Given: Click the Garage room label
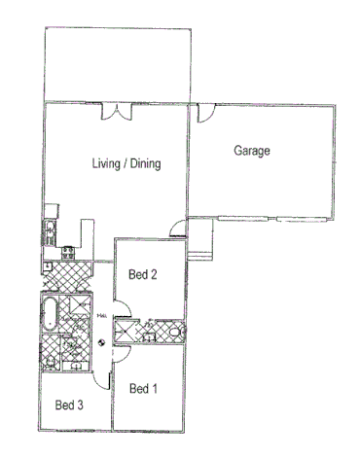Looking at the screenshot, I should point(251,152).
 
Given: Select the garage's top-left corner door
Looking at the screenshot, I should point(204,115).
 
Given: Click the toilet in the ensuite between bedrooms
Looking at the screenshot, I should point(175,333).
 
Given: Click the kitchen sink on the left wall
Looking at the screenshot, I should point(48,230).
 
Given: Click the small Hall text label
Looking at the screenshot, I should point(101,315).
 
